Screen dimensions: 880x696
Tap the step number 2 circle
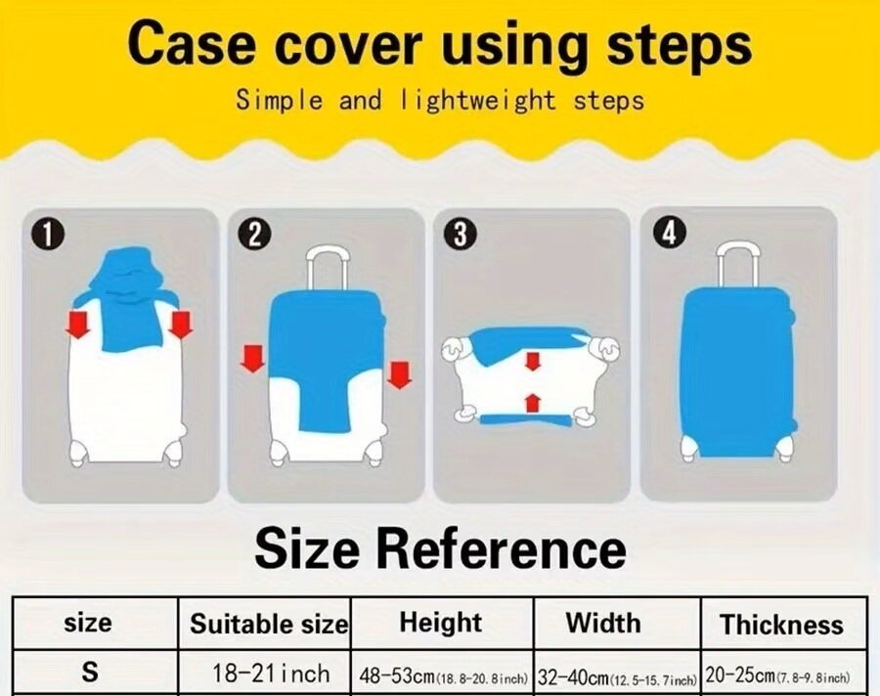pos(254,235)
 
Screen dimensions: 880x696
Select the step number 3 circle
pos(461,235)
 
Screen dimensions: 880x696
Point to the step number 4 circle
pos(669,233)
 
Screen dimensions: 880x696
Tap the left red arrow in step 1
pos(78,326)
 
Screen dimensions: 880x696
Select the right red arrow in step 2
pos(399,375)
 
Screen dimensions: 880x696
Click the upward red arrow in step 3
pos(533,403)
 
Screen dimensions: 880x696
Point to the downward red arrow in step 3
pos(533,361)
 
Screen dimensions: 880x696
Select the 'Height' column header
pos(441,623)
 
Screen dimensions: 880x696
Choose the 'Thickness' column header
pos(782,625)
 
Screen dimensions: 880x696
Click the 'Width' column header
pos(603,623)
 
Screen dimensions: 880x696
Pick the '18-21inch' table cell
pos(271,673)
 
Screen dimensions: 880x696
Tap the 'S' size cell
pos(90,672)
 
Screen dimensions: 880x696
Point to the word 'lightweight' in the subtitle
pos(477,101)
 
